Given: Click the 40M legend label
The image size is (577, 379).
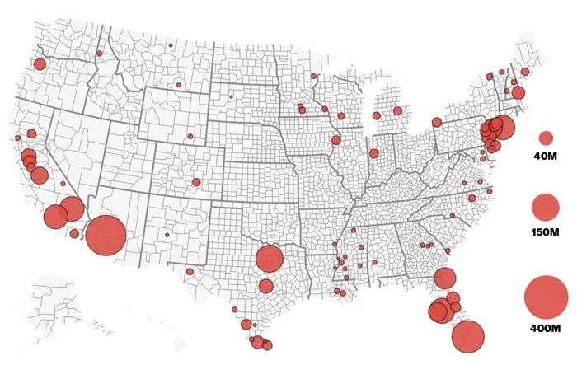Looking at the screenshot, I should tap(546, 157).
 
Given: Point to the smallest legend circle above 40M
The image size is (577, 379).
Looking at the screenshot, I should tap(546, 138).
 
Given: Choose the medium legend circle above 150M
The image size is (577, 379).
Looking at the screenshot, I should tap(546, 207).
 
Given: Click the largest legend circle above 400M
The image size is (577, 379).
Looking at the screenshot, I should tap(546, 297).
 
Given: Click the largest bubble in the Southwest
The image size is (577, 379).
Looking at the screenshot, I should tap(106, 236).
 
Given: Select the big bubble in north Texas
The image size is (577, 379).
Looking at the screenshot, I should tap(269, 259).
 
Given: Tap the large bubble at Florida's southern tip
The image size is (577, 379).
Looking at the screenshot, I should tap(468, 336).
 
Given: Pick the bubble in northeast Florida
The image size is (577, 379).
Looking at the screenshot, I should tap(445, 278).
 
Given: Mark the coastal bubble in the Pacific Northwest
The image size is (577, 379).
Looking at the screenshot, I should tap(40, 64).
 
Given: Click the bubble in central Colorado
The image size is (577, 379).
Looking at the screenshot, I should tap(196, 182).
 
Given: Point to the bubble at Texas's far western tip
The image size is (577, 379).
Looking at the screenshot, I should tap(190, 271).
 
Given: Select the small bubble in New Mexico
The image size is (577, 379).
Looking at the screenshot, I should tap(167, 235).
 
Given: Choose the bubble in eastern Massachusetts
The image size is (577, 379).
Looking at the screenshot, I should tap(518, 93).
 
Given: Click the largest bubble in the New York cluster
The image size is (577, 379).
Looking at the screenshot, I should tap(502, 128).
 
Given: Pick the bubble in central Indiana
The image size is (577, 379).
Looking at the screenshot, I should tap(373, 153).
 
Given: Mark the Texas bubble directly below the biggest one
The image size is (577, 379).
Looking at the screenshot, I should tap(265, 286).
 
